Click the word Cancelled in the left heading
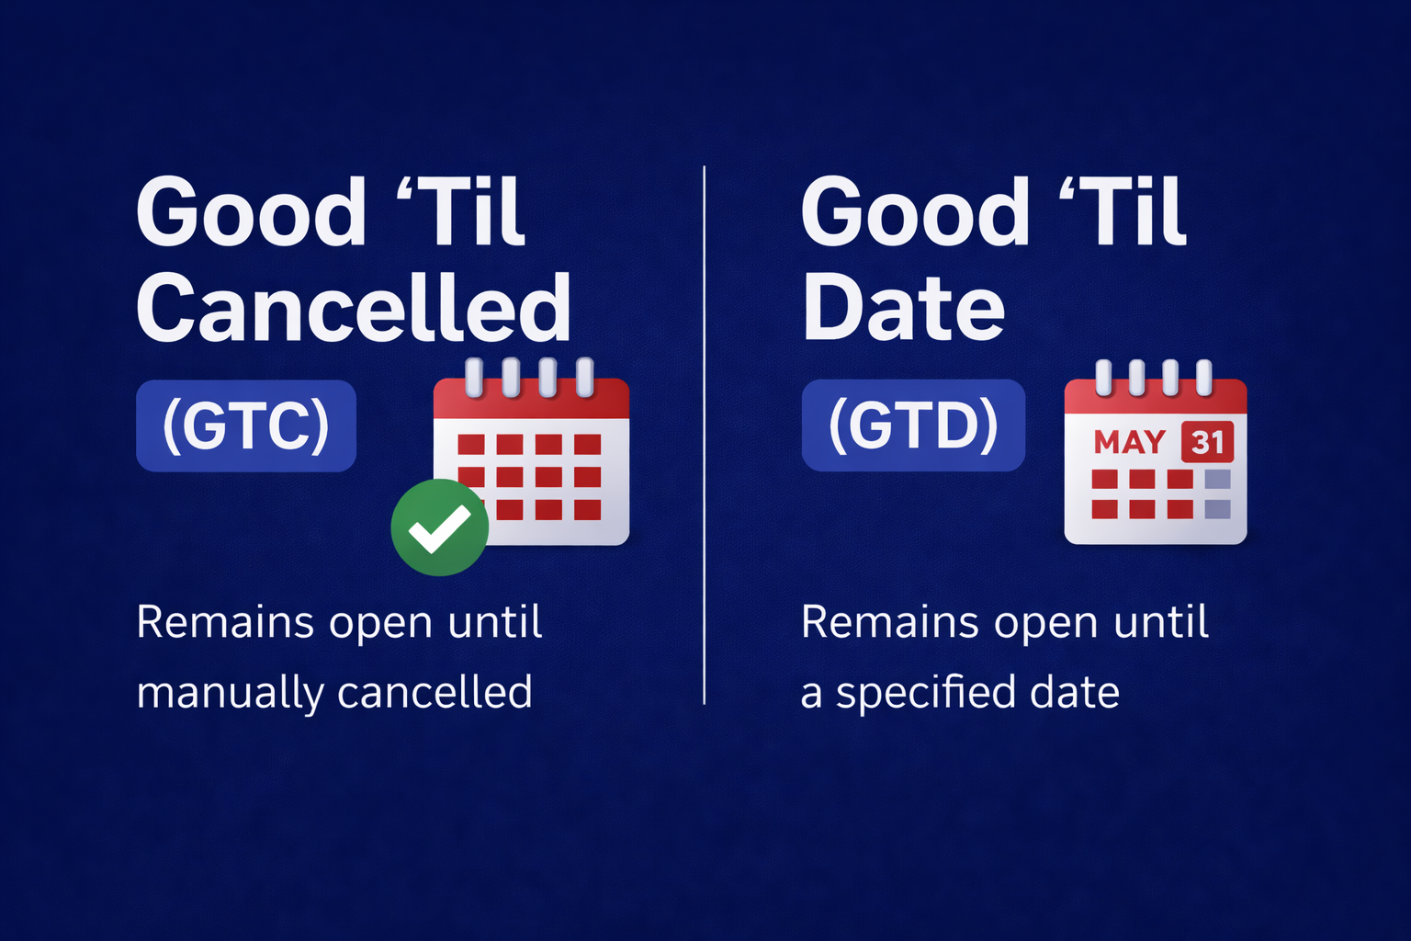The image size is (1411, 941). click(354, 308)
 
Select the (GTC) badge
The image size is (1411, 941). click(246, 425)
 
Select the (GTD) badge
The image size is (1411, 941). click(913, 425)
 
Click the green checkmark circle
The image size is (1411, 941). click(439, 527)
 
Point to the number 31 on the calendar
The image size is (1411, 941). click(1207, 443)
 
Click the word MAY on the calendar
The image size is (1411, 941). click(1129, 443)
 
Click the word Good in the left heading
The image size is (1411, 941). click(251, 213)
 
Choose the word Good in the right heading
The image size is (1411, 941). click(915, 213)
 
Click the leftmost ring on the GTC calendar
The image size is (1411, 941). click(474, 377)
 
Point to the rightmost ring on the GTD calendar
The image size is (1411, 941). click(1203, 377)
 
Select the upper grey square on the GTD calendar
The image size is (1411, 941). click(1217, 479)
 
